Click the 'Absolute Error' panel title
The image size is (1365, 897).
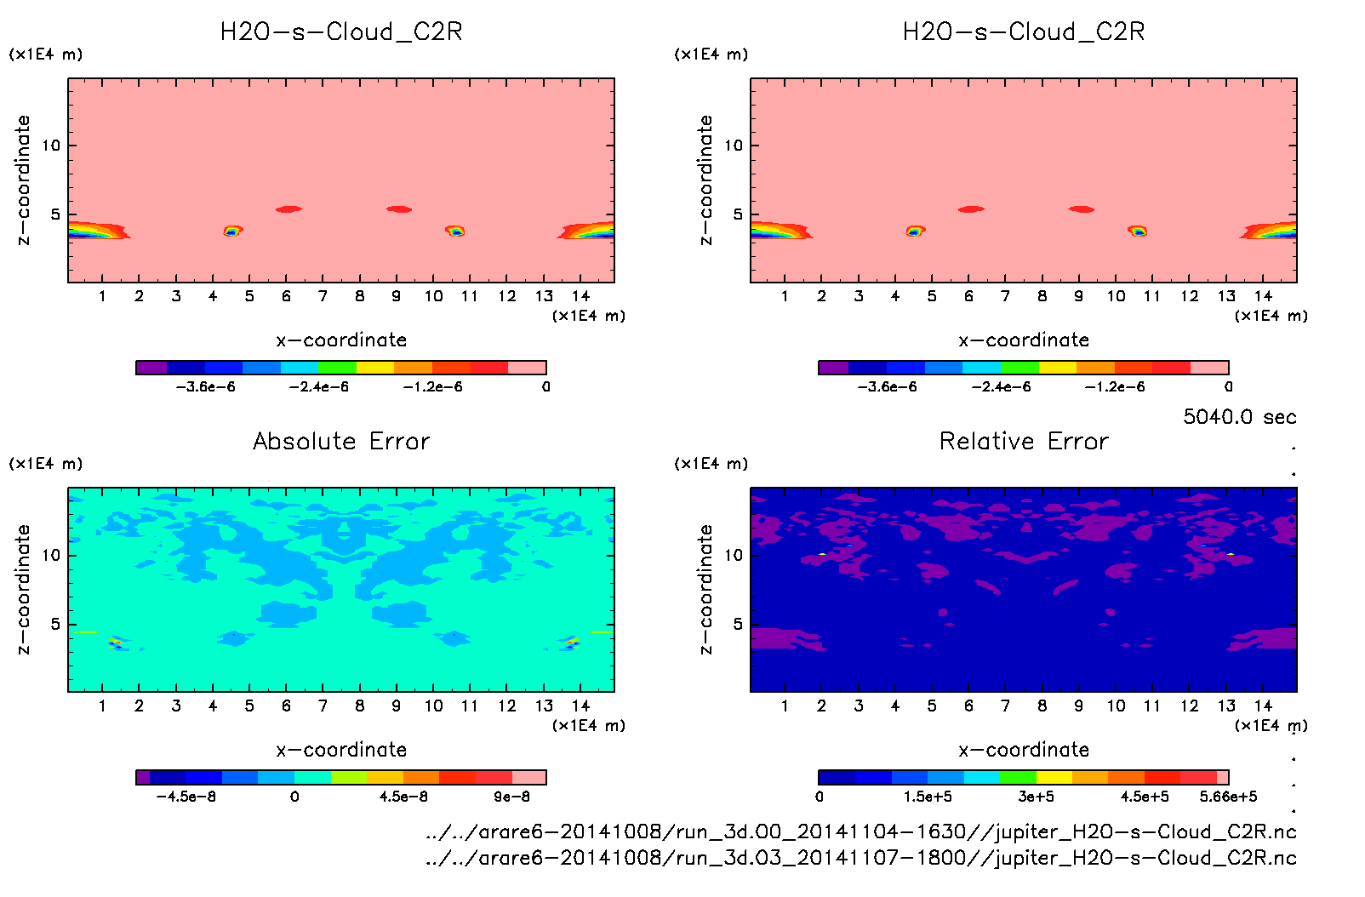(x=341, y=441)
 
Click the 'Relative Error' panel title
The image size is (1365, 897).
(x=1024, y=441)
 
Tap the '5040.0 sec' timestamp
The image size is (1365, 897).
(x=1239, y=417)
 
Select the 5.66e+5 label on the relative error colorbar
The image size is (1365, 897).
(x=1228, y=797)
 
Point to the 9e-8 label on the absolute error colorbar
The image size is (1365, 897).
(x=511, y=797)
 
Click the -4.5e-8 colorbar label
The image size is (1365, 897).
(x=186, y=797)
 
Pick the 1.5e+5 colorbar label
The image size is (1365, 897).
(x=928, y=797)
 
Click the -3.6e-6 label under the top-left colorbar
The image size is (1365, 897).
(x=205, y=387)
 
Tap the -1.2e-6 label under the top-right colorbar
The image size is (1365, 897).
(x=1114, y=387)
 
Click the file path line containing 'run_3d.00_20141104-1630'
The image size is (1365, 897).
(x=860, y=832)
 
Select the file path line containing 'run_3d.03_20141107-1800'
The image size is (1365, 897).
(x=860, y=858)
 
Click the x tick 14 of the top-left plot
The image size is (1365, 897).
(x=580, y=296)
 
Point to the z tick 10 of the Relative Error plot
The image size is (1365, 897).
(x=734, y=555)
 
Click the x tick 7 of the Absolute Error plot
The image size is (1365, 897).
(x=323, y=706)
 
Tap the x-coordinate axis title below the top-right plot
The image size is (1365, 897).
(x=1024, y=340)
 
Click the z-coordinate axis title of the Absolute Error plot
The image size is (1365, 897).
(x=24, y=589)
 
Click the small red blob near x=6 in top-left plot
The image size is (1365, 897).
(x=288, y=209)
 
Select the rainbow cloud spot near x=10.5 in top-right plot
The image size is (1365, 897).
(x=1138, y=231)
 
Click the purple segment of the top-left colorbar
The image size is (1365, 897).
(x=151, y=368)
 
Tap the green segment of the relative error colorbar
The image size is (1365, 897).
(x=1019, y=777)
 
